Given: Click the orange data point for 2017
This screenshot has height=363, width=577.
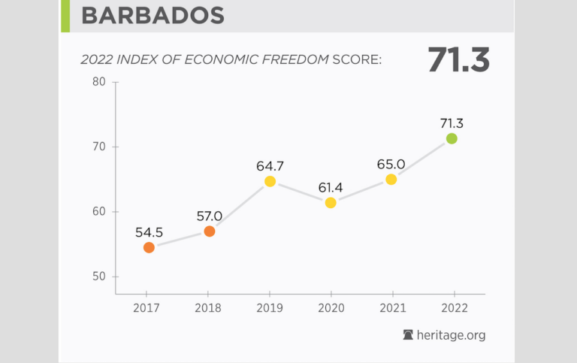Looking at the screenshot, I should click(x=149, y=247).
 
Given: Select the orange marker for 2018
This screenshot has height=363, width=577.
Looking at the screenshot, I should click(x=210, y=231).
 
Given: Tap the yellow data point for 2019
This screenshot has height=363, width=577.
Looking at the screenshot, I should click(x=270, y=181).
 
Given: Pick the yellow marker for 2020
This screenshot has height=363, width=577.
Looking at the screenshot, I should click(x=331, y=203).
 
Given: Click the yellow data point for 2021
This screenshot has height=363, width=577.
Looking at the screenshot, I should click(x=391, y=180).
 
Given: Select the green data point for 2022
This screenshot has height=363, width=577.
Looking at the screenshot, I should click(x=452, y=138).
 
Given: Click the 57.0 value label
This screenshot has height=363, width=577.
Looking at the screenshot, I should click(x=210, y=216).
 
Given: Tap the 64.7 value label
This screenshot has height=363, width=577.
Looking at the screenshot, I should click(x=270, y=166).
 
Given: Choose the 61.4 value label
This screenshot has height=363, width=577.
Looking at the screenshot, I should click(x=331, y=188).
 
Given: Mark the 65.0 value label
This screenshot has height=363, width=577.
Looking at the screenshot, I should click(x=391, y=165).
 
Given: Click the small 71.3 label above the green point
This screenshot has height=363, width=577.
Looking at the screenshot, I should click(x=452, y=123).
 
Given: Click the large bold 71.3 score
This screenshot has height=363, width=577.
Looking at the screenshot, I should click(x=458, y=60).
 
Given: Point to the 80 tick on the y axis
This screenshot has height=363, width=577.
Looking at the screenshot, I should click(x=99, y=81).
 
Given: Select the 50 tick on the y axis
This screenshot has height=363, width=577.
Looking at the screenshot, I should click(x=99, y=277).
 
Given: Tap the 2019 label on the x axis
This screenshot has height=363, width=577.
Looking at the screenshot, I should click(x=270, y=308).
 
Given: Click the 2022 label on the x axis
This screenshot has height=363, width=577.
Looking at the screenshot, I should click(x=452, y=308).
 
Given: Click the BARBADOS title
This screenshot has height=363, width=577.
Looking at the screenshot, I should click(x=153, y=16).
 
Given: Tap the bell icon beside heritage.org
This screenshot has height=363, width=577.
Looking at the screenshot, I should click(x=409, y=335).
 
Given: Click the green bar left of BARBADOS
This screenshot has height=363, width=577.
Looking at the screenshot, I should click(x=65, y=16).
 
